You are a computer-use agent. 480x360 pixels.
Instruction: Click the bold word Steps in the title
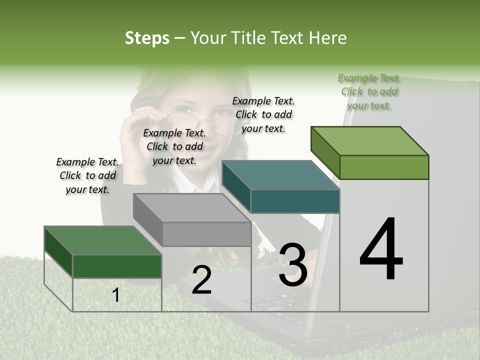coord(147,38)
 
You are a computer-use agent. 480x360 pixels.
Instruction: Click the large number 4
coord(381,250)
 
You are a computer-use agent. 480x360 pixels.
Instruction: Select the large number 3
coord(293,265)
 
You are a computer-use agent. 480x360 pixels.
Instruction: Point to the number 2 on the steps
coord(201,280)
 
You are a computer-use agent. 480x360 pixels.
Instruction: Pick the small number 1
coord(116,295)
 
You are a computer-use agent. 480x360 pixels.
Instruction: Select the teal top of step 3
coord(280,175)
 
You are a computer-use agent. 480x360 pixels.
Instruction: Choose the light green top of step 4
coord(369,140)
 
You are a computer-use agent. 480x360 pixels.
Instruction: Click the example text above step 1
coord(87,175)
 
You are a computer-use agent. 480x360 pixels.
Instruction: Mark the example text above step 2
coord(174,146)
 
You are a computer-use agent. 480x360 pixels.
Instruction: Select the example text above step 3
coord(263,114)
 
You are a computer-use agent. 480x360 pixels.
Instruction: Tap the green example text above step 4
coord(369,91)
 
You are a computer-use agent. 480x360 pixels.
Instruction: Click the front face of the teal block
coord(295,201)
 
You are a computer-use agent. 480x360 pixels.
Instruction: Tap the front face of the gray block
coord(206,234)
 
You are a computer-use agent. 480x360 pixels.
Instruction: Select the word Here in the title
coord(328,38)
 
